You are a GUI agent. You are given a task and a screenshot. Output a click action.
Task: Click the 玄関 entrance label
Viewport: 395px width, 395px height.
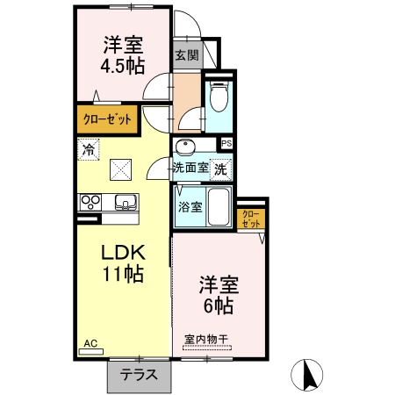click(x=187, y=55)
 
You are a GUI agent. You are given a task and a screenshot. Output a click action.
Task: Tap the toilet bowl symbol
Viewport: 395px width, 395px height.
click(x=219, y=97)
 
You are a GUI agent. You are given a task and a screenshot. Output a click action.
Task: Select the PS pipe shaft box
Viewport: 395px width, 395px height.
click(x=226, y=143)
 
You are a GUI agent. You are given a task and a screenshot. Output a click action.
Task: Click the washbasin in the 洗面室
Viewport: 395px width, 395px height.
click(x=184, y=147)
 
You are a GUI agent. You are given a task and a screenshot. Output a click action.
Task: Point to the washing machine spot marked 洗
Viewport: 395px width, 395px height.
click(x=221, y=169)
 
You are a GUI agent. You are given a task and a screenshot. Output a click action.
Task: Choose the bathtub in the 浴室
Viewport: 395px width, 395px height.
click(x=219, y=206)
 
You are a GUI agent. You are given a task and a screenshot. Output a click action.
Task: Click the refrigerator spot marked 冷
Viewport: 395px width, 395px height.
click(x=89, y=150)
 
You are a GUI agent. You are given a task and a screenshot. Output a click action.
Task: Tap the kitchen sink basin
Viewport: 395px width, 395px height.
click(x=126, y=202)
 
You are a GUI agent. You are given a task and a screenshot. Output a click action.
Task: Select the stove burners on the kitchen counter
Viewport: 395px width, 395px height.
click(x=90, y=202)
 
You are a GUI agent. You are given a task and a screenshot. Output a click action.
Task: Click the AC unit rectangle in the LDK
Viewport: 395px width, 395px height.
click(x=91, y=352)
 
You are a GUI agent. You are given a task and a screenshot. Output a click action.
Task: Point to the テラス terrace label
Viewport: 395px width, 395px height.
click(x=139, y=375)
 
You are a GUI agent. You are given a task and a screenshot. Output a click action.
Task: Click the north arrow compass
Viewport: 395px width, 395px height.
click(x=306, y=375)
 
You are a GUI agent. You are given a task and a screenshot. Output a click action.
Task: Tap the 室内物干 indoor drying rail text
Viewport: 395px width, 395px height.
click(x=206, y=340)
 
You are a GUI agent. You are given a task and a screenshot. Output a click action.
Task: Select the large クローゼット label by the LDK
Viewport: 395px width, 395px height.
click(x=107, y=119)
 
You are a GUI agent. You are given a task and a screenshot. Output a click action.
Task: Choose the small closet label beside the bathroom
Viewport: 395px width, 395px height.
click(x=251, y=219)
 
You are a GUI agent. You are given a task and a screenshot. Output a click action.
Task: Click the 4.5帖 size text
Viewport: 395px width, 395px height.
click(x=123, y=67)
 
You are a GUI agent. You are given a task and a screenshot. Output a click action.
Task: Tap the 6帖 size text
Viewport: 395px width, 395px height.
click(x=219, y=305)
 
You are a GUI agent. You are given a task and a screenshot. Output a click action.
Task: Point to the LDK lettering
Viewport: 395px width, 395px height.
click(x=123, y=253)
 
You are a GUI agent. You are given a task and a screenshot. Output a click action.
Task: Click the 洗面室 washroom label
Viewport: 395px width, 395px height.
click(x=190, y=168)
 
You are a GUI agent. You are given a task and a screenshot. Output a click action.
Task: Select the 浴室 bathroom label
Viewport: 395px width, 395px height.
click(x=190, y=207)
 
